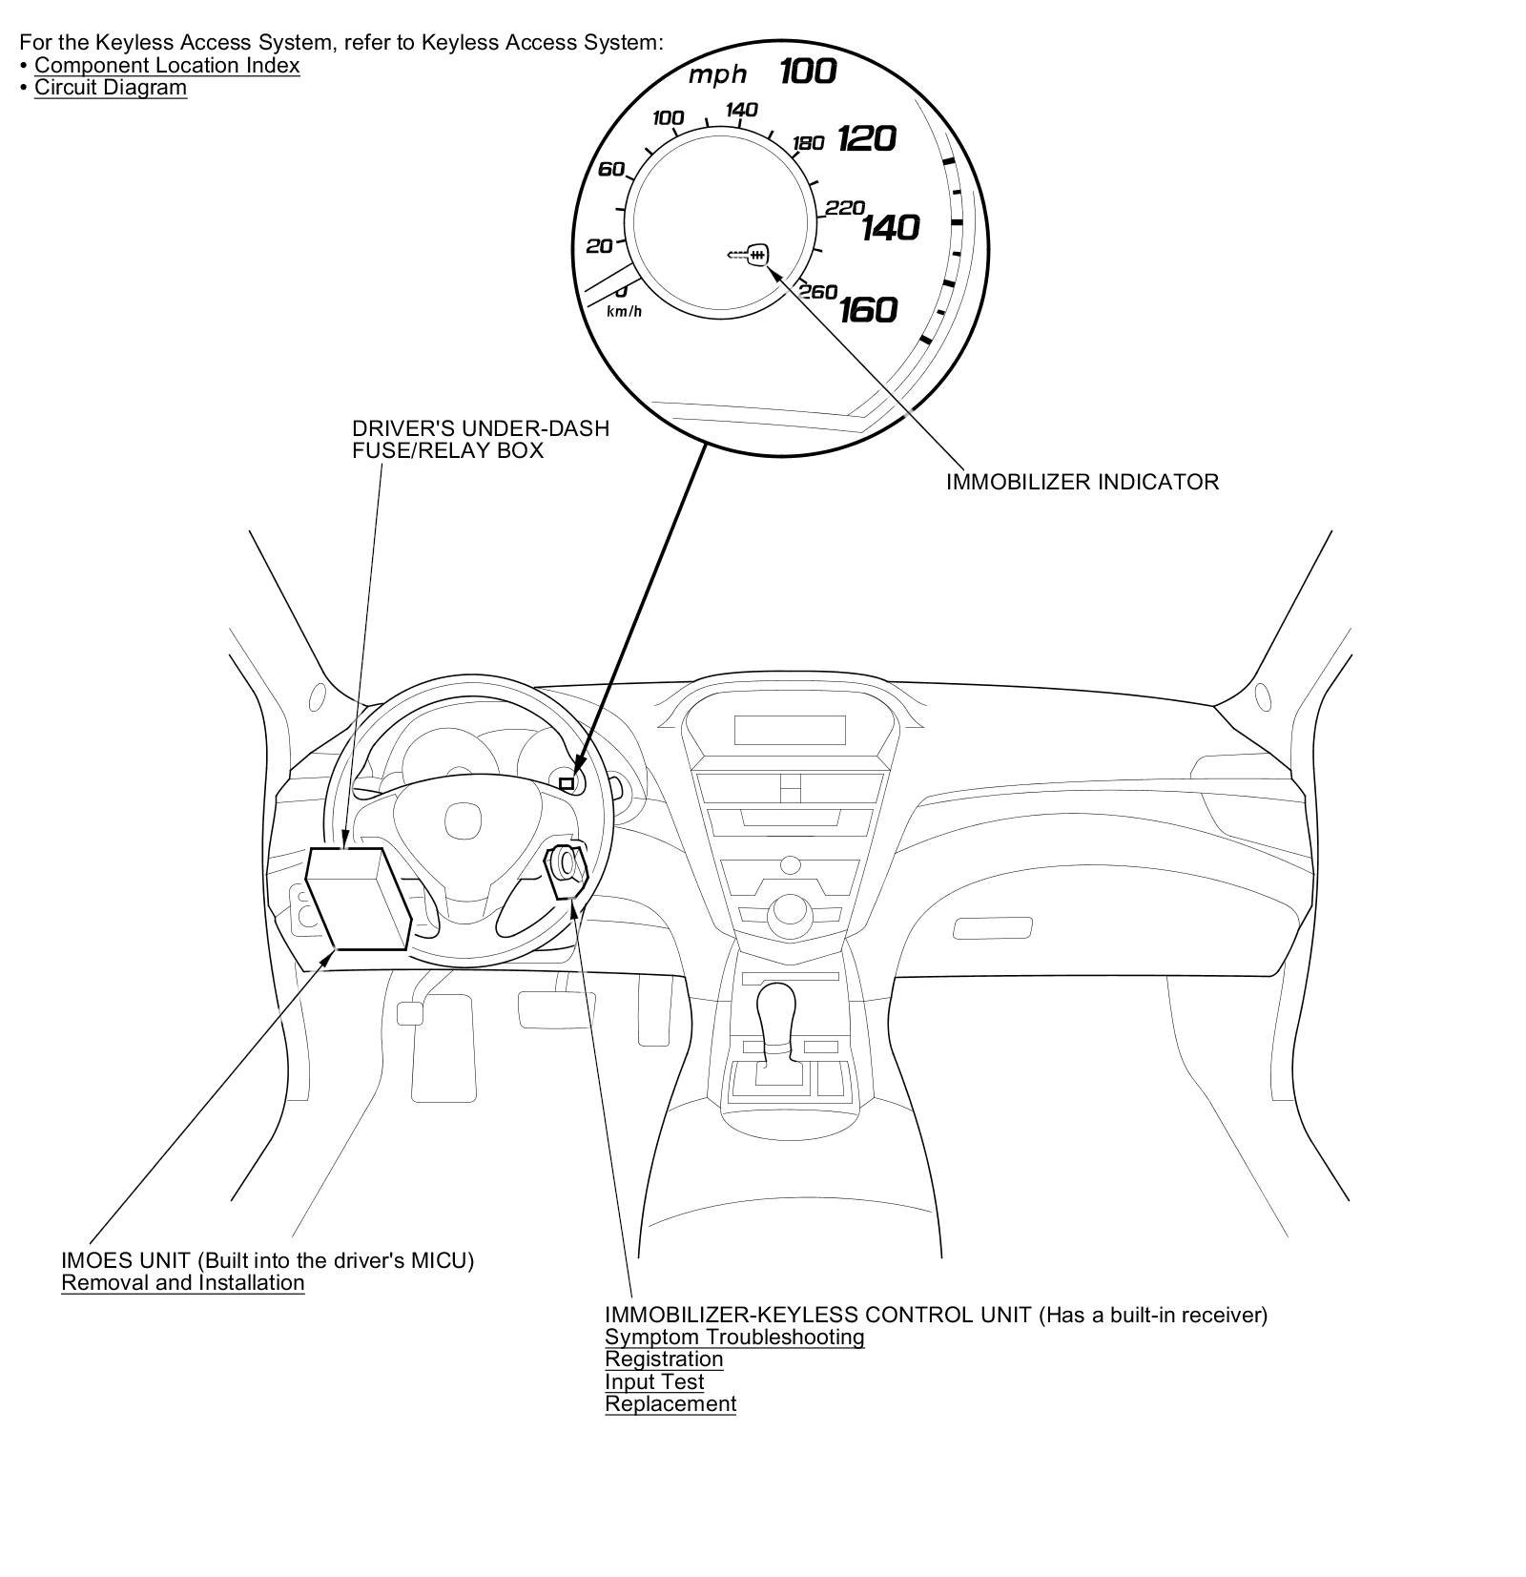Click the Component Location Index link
pyautogui.click(x=167, y=66)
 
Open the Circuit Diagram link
pyautogui.click(x=111, y=88)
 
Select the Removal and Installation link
pyautogui.click(x=183, y=1283)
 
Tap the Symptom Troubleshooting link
pyautogui.click(x=734, y=1338)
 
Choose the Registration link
pyautogui.click(x=664, y=1359)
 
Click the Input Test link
pyautogui.click(x=654, y=1381)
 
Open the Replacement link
pyautogui.click(x=670, y=1404)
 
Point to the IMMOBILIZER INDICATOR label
pyautogui.click(x=1082, y=482)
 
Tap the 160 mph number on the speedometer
pyautogui.click(x=868, y=309)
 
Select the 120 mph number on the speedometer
pyautogui.click(x=866, y=139)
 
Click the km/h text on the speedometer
pyautogui.click(x=625, y=312)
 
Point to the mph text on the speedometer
pyautogui.click(x=717, y=74)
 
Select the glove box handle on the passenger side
pyautogui.click(x=992, y=927)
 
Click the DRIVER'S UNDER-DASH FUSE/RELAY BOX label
pyautogui.click(x=480, y=440)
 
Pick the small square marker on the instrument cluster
pyautogui.click(x=567, y=783)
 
